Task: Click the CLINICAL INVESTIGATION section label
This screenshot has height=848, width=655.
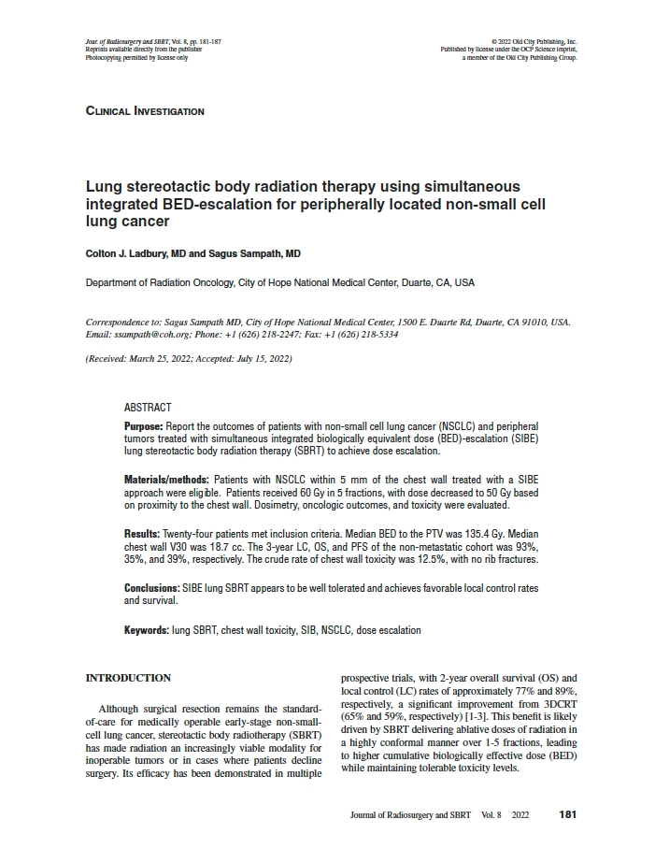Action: point(145,111)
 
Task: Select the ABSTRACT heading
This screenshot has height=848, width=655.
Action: point(148,408)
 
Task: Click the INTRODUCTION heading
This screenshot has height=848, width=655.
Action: point(128,678)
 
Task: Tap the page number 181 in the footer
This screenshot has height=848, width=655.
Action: point(567,815)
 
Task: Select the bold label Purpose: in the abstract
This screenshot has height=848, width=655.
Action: point(144,426)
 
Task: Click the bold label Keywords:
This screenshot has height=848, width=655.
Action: point(147,630)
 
